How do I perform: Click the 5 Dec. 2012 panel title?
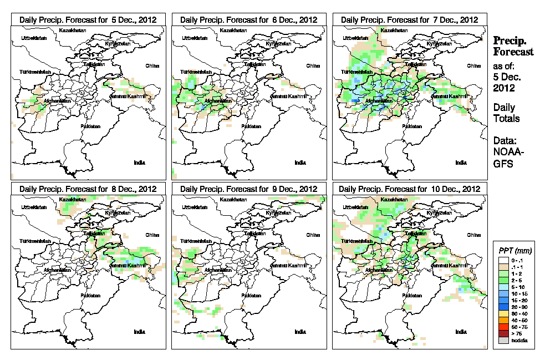pos(88,19)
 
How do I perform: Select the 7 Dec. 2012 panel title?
pos(409,19)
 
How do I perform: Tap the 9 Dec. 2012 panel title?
pos(248,189)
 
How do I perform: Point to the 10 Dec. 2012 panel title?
pos(409,189)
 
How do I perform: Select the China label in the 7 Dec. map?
pos(473,65)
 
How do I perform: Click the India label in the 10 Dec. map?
pos(461,332)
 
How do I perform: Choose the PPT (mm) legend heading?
pos(515,251)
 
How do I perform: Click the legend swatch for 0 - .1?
pos(503,260)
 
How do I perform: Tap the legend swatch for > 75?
pos(503,333)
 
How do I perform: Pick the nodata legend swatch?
pos(503,340)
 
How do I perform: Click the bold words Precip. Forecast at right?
pos(513,46)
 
